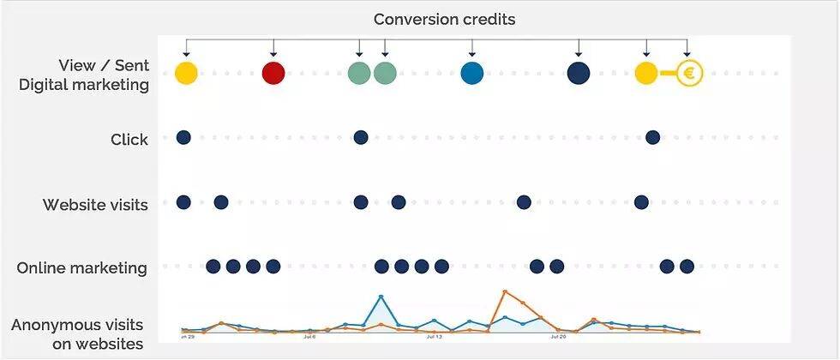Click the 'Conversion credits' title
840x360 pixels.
coord(444,18)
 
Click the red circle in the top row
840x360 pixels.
coord(273,74)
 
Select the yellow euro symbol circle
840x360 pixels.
coord(689,74)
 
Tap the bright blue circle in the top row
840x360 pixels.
coord(471,74)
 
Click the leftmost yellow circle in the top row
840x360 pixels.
coord(186,74)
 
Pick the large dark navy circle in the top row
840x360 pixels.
coord(579,74)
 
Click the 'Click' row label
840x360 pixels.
coord(129,139)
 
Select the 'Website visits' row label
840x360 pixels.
coord(95,205)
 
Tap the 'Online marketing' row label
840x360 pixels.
coord(82,268)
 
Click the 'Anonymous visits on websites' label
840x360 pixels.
coord(77,334)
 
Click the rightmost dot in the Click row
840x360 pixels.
coord(652,137)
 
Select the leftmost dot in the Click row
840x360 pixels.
coord(183,137)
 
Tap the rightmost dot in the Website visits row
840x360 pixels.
coord(641,202)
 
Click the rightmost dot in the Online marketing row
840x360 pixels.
coord(687,267)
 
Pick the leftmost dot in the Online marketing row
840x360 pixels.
coord(213,267)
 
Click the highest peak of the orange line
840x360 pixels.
coord(505,292)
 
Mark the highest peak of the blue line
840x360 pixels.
coord(381,297)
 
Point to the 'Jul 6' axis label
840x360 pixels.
coord(310,337)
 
